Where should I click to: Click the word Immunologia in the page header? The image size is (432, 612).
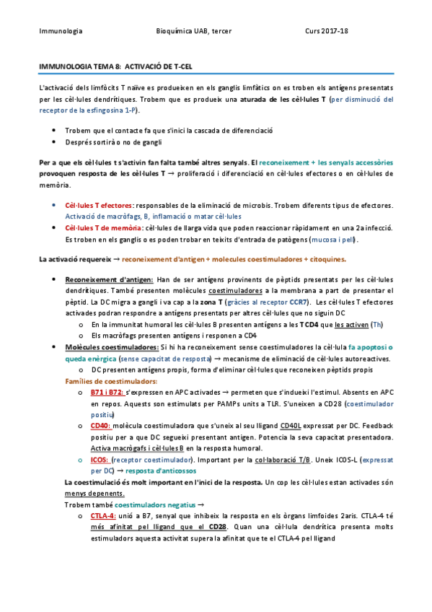[x=61, y=32]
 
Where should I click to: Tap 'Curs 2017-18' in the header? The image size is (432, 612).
[x=327, y=32]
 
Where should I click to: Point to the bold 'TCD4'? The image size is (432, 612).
[x=290, y=325]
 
